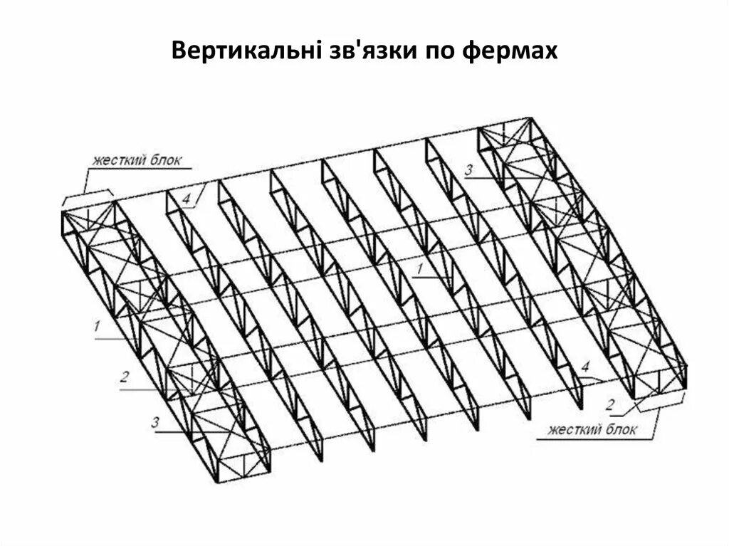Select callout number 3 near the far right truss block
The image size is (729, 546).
tap(468, 169)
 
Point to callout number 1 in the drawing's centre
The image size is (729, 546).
tap(421, 268)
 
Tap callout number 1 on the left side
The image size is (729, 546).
tap(95, 327)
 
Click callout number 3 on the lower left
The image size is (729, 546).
tap(154, 421)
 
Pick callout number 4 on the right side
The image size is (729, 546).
tap(584, 367)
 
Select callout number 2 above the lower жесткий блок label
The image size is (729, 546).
tap(610, 406)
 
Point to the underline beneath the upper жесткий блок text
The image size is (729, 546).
tap(140, 169)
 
